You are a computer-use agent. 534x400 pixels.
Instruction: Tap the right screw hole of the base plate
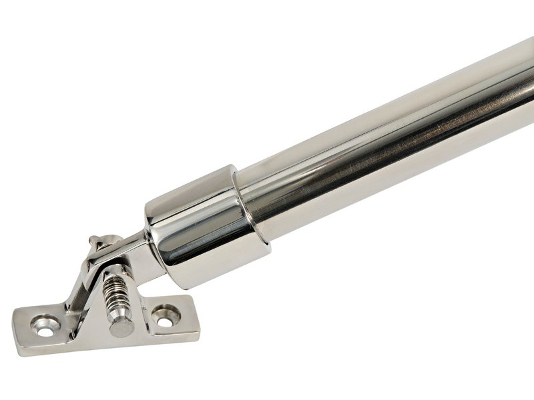[165, 312]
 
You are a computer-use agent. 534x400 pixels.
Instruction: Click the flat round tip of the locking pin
[118, 329]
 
